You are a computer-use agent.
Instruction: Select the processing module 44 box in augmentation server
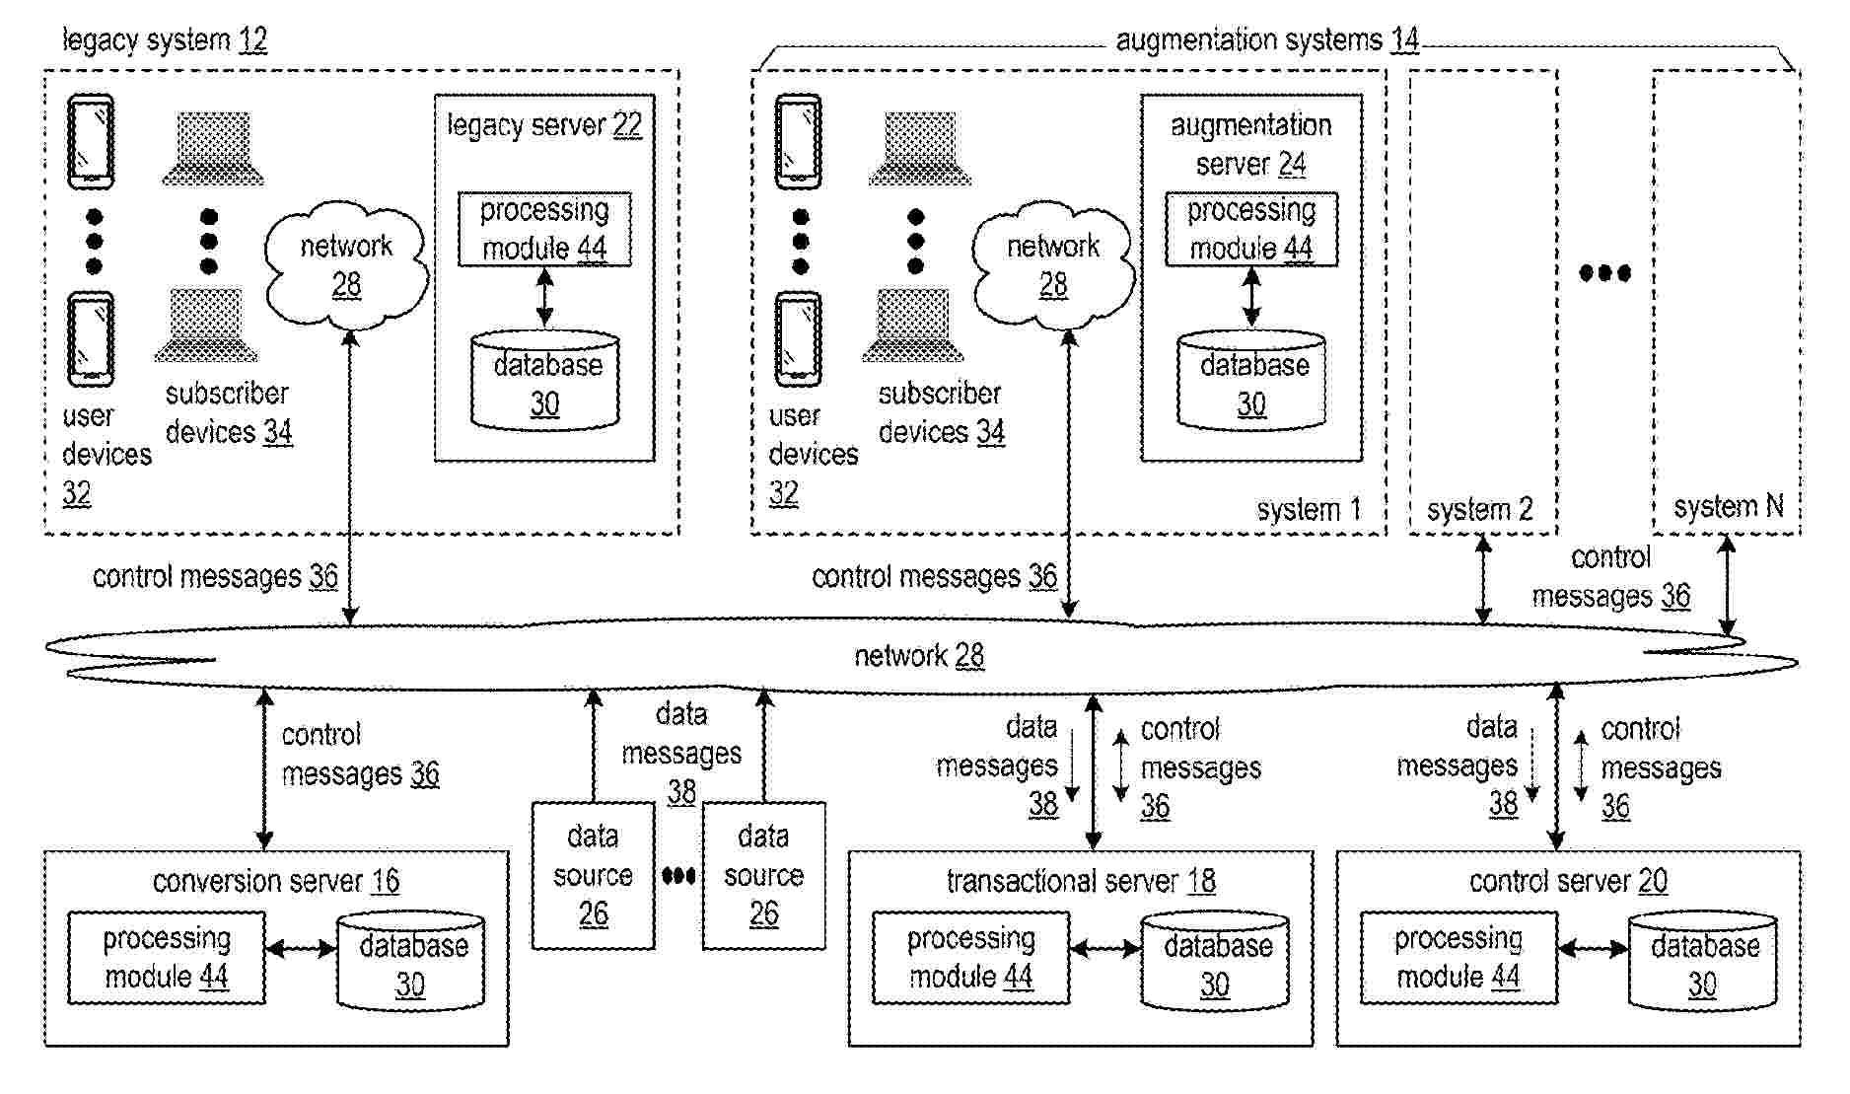coord(1250,229)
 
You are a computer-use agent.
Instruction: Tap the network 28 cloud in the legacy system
coord(346,264)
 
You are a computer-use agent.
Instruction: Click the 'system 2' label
coord(1479,510)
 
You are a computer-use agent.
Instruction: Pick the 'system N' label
coord(1728,507)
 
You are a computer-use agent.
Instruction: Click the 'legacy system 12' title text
coord(165,40)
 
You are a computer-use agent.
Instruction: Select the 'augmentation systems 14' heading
coord(1266,40)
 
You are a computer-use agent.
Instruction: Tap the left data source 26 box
coord(593,875)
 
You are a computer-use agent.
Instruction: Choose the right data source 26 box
coord(763,875)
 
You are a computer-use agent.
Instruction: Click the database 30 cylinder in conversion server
coord(410,962)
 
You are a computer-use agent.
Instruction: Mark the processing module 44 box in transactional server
coord(970,958)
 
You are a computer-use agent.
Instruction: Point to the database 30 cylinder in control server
coord(1703,962)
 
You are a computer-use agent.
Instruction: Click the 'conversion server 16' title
coord(276,881)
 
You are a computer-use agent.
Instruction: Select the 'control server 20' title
coord(1568,881)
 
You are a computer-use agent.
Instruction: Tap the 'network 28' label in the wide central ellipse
coord(919,656)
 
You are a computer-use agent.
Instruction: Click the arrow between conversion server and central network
coord(264,769)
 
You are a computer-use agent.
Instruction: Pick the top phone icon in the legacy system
coord(91,141)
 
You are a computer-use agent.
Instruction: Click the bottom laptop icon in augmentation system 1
coord(912,327)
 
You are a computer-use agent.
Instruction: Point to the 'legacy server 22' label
coord(544,125)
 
